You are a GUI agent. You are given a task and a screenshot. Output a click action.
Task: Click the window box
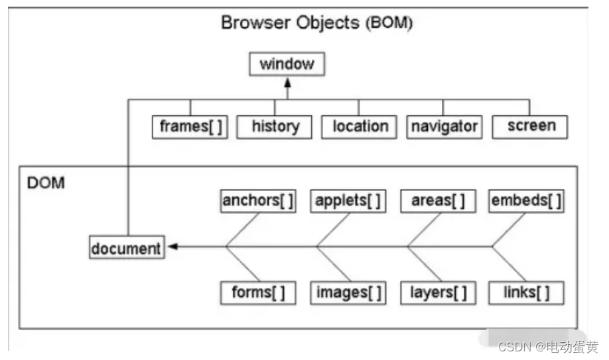point(287,64)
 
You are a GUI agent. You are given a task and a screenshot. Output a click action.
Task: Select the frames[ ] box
point(190,127)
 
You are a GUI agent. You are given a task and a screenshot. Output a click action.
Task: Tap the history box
point(275,127)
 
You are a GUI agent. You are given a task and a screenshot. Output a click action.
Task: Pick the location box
point(360,127)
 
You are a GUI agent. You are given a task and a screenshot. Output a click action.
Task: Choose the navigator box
point(444,127)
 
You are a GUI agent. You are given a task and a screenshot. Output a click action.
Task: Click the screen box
point(530,127)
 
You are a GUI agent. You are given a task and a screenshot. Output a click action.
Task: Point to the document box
point(127,248)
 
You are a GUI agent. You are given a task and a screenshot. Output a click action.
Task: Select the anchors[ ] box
point(258,201)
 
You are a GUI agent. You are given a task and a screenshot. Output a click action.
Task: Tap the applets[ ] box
point(348,201)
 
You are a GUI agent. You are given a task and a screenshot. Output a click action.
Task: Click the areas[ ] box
point(438,201)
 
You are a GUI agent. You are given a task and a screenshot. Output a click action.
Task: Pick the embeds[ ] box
point(527,201)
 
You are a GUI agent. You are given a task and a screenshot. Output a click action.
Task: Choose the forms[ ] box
point(258,292)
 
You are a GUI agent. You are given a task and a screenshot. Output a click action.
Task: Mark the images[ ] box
point(348,292)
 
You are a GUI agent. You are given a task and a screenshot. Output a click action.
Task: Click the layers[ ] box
point(438,292)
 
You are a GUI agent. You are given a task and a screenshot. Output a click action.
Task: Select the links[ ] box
point(527,292)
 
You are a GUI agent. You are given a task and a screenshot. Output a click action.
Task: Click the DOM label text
point(46,183)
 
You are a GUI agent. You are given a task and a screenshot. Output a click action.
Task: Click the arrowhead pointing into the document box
point(172,247)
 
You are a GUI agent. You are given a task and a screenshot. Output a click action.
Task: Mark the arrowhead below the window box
point(287,82)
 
